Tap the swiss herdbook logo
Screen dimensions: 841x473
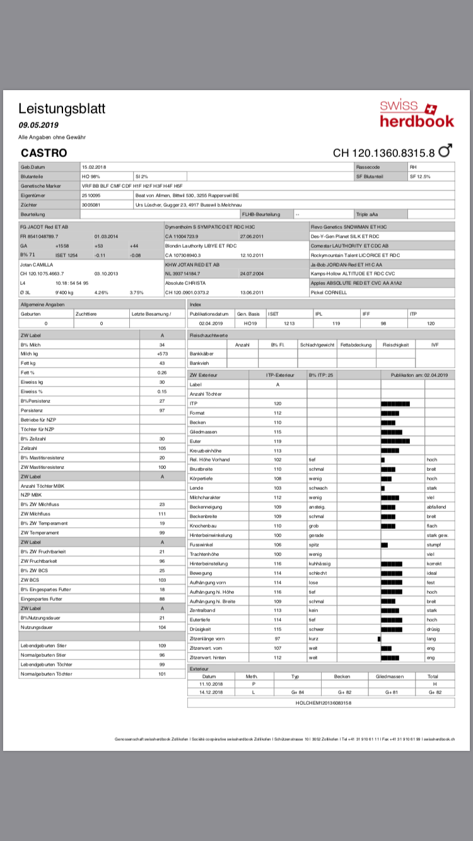pos(416,114)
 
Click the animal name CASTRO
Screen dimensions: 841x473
pos(44,153)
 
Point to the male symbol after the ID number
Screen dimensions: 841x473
pos(445,151)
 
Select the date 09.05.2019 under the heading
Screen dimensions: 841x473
pos(38,125)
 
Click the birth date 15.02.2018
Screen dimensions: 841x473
pos(95,167)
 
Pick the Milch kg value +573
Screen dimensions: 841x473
pos(161,354)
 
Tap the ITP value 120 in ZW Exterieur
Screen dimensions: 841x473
pos(277,403)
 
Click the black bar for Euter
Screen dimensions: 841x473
pos(395,441)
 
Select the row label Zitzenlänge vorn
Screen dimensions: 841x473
pos(207,639)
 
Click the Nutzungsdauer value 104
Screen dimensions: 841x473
pos(161,627)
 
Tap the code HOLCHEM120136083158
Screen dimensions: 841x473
pos(322,702)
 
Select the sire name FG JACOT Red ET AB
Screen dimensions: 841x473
pos(45,226)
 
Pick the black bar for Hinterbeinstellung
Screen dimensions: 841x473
pos(392,563)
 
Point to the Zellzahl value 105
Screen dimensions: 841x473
pos(161,448)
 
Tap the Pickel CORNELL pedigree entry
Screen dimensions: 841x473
pos(329,293)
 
